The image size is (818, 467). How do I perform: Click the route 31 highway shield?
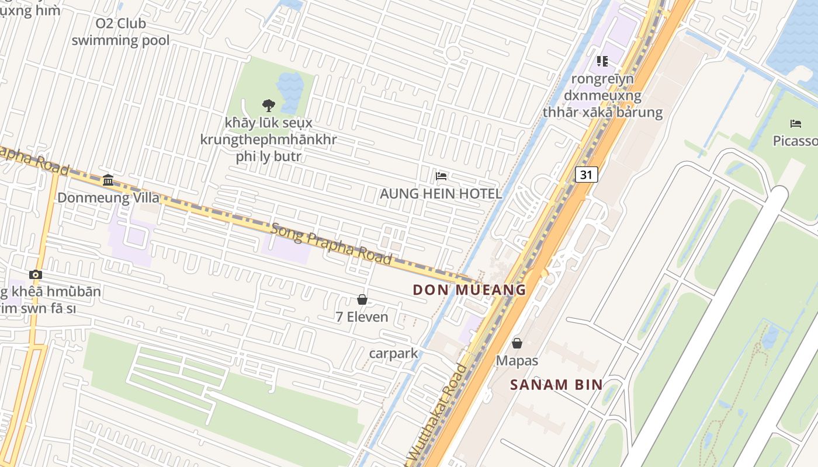[587, 174]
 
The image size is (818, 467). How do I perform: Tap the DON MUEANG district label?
[469, 290]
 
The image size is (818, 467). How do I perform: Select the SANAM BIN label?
[556, 385]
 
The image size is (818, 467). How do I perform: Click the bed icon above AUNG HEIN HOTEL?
[441, 176]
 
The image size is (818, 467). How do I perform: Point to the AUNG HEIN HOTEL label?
[441, 194]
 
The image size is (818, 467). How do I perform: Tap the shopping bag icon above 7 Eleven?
[362, 299]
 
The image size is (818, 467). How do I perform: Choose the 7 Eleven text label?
[362, 317]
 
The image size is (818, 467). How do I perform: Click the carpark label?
[394, 353]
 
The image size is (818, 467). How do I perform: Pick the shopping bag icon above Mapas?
[517, 343]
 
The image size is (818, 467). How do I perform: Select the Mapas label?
[517, 361]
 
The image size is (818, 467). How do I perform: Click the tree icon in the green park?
[268, 105]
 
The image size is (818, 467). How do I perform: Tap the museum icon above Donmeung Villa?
[108, 180]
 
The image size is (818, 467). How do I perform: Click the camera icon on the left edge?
[36, 274]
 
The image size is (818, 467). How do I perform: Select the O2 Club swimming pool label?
[120, 32]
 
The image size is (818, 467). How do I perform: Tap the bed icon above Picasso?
[795, 123]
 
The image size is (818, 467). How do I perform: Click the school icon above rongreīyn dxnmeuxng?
[602, 61]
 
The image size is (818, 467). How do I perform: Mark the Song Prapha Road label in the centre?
[331, 243]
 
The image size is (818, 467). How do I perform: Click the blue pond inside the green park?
[289, 90]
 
